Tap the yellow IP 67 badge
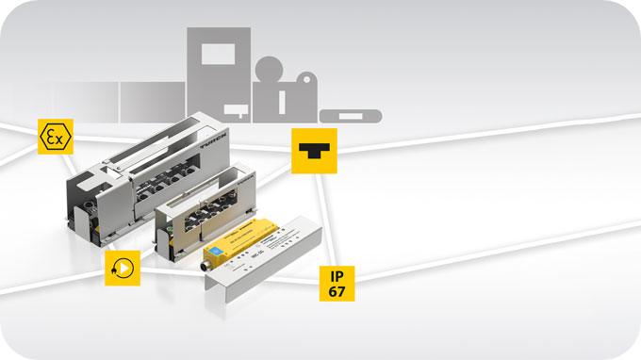tap(336, 283)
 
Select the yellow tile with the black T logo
tap(314, 151)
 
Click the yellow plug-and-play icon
tap(123, 268)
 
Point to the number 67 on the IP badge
tap(336, 291)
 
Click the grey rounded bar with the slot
tap(351, 116)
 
